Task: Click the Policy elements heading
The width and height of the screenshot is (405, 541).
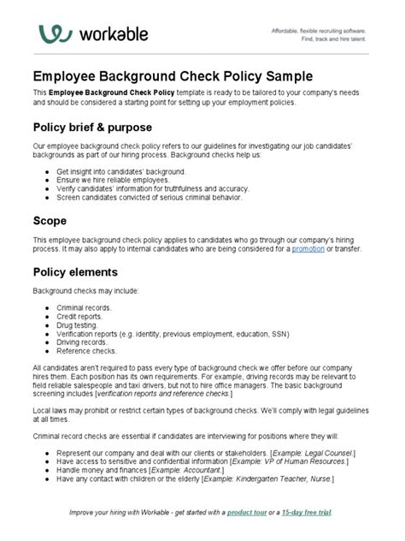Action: coord(75,273)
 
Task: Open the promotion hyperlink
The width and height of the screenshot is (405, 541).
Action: coord(308,249)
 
